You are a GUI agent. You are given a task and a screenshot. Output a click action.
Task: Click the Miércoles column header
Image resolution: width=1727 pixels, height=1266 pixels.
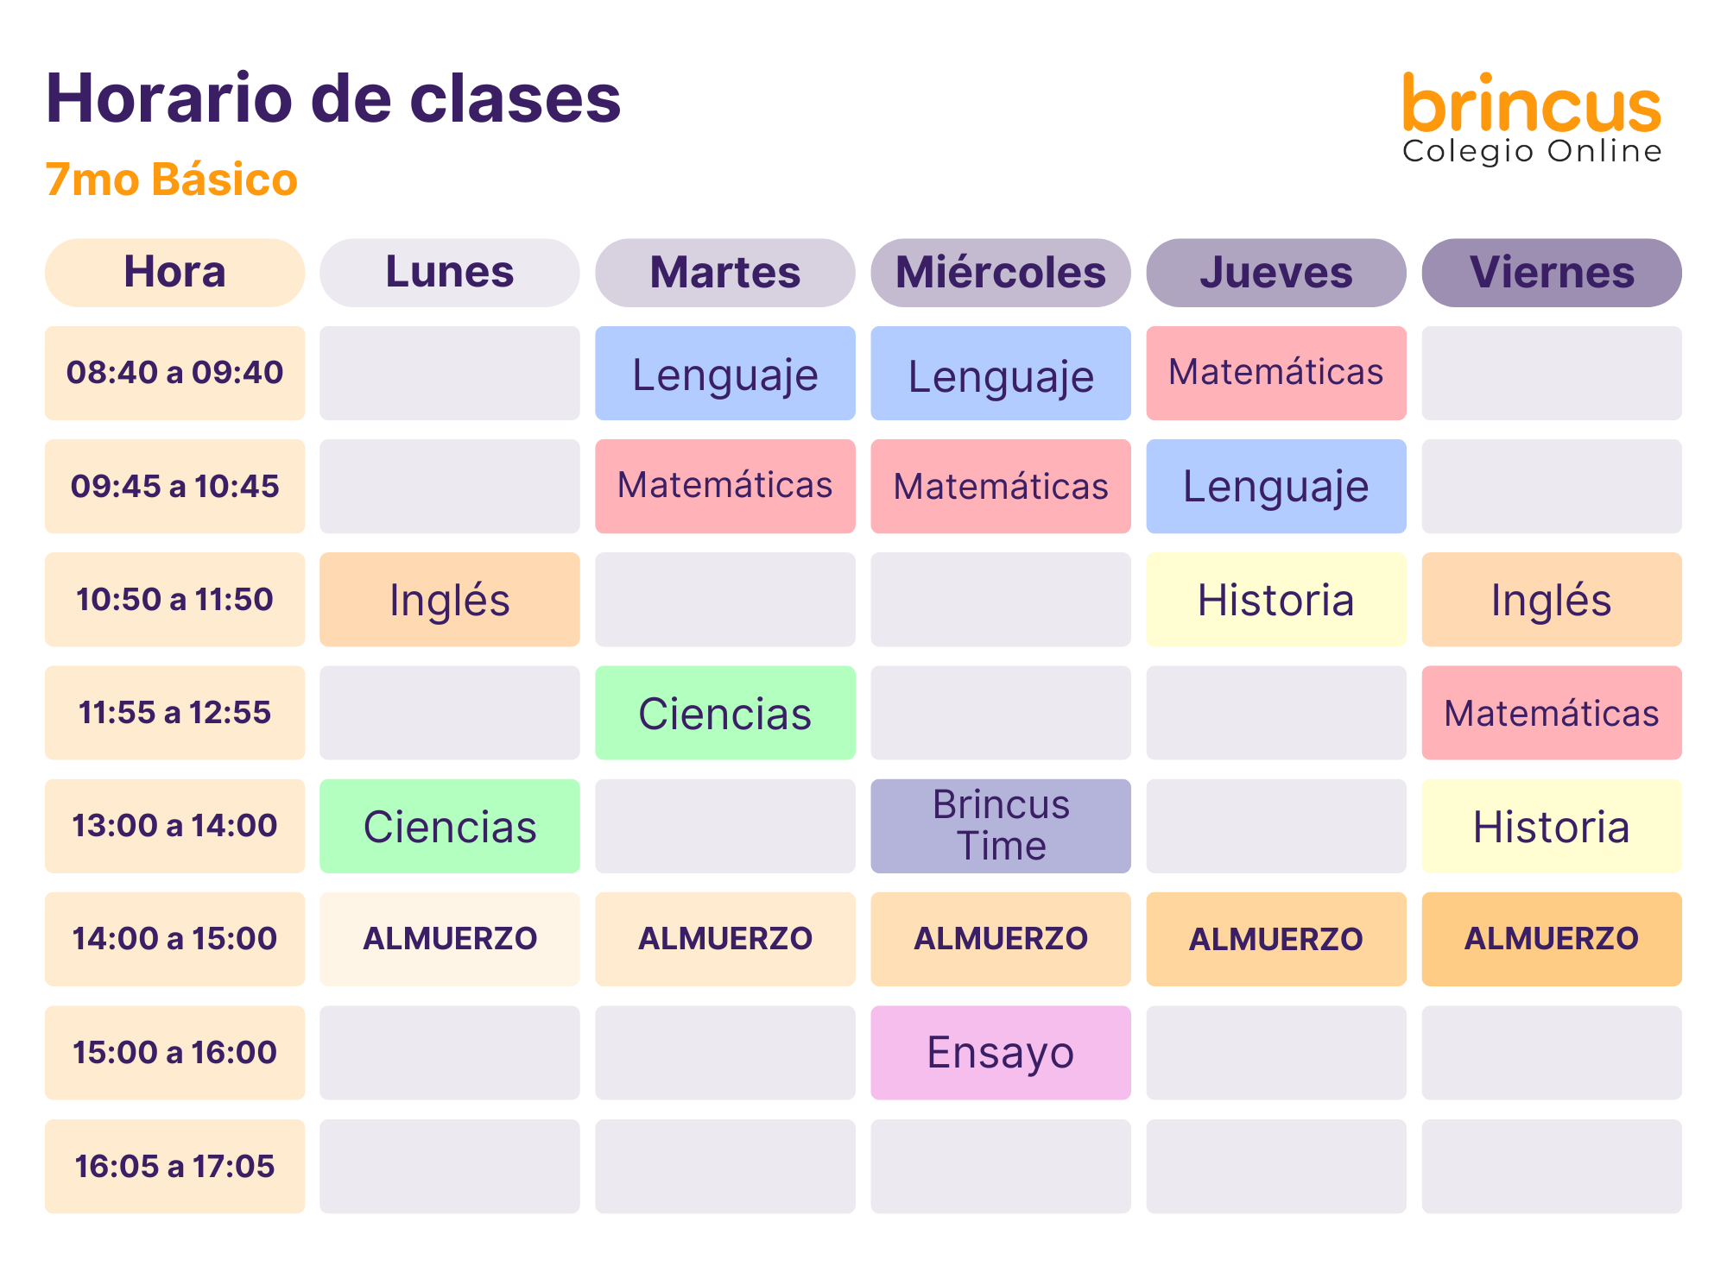point(1001,273)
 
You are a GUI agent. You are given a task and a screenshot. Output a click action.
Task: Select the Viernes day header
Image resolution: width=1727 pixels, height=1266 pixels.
point(1552,273)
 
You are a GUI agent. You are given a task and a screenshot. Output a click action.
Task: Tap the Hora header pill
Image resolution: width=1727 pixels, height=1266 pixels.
point(174,273)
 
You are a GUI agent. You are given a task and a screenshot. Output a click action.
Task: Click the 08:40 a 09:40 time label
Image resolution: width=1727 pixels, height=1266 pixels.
point(174,373)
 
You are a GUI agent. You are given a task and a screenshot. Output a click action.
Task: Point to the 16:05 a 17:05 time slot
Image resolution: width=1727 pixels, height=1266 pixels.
point(174,1166)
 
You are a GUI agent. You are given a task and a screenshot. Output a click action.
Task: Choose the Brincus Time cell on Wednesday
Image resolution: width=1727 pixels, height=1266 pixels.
point(1001,826)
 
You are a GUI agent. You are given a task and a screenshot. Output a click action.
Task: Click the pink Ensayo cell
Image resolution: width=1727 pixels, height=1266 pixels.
point(1001,1053)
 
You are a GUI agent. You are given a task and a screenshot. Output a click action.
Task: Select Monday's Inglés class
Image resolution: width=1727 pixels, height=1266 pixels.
point(450,600)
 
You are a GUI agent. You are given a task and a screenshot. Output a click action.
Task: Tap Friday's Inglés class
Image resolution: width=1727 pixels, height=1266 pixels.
point(1552,600)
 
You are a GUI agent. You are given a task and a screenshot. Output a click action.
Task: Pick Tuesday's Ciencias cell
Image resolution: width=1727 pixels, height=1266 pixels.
point(725,713)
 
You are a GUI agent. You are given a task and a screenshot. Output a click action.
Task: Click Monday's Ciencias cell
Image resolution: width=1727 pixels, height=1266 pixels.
point(450,826)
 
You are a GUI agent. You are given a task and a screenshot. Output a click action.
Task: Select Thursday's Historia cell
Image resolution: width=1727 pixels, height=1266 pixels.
point(1276,600)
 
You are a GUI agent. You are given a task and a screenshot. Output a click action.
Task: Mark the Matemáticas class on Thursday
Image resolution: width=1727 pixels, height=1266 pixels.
point(1276,373)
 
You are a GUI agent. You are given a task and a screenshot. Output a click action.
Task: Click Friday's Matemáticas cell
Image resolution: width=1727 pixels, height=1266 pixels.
point(1552,713)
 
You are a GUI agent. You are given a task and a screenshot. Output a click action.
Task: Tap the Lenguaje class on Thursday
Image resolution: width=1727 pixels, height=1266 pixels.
point(1276,486)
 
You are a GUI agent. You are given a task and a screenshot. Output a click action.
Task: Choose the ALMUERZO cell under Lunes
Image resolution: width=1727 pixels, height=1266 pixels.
point(450,939)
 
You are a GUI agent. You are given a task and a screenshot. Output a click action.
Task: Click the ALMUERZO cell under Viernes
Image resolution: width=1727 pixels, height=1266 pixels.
point(1552,939)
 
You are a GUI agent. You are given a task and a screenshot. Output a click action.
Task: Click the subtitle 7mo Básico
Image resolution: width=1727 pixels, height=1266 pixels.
point(171,180)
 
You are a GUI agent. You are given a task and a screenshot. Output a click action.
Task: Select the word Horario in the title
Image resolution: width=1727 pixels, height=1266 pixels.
point(169,98)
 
